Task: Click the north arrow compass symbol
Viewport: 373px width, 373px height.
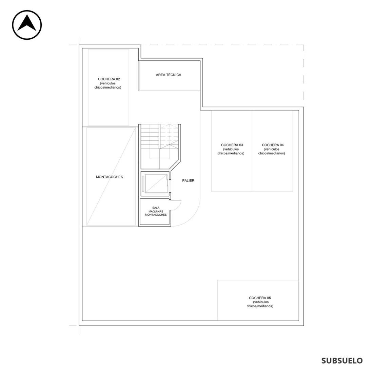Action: point(27,25)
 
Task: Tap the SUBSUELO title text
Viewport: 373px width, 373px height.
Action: point(342,360)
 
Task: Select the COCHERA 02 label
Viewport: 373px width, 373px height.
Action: point(109,79)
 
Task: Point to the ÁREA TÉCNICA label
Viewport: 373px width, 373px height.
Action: point(169,75)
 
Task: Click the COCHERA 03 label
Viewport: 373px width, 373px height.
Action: point(232,145)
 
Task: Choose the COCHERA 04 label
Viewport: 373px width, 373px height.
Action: point(273,145)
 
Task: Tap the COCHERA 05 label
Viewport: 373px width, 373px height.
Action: point(260,298)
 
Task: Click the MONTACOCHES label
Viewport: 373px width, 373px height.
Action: point(110,177)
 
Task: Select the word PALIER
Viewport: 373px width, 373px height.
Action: point(188,180)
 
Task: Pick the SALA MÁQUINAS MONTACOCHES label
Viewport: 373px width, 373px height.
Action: point(156,211)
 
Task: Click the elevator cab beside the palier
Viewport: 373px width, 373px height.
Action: point(156,183)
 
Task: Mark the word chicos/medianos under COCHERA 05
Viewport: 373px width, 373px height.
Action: point(260,306)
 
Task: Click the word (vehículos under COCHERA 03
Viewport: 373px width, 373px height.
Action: point(231,149)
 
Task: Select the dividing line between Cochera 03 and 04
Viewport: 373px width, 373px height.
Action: point(252,151)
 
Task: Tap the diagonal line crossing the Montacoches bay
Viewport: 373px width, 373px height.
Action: point(111,176)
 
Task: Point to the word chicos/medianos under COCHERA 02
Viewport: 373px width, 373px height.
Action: point(108,87)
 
